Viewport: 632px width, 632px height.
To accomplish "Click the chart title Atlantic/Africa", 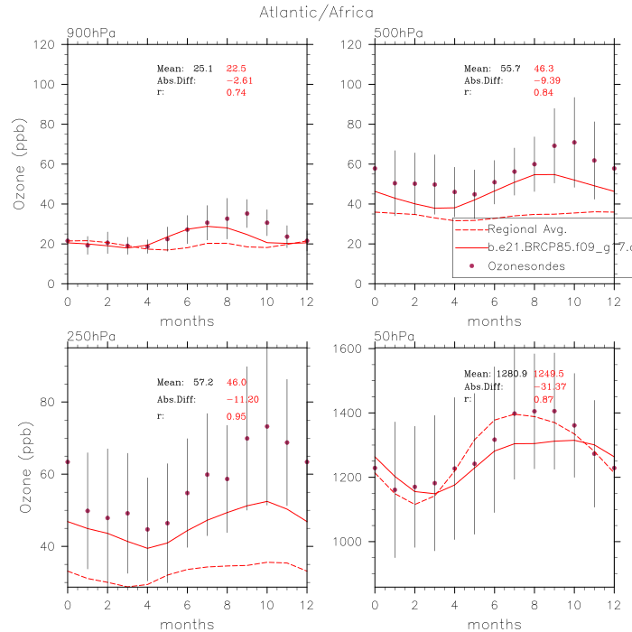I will coord(316,13).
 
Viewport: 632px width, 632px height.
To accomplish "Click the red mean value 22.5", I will coord(236,68).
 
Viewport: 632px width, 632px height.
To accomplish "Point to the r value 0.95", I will coord(236,392).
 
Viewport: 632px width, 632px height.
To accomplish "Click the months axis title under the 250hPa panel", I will coord(187,624).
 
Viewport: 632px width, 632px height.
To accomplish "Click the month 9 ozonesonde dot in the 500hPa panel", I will coord(554,146).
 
